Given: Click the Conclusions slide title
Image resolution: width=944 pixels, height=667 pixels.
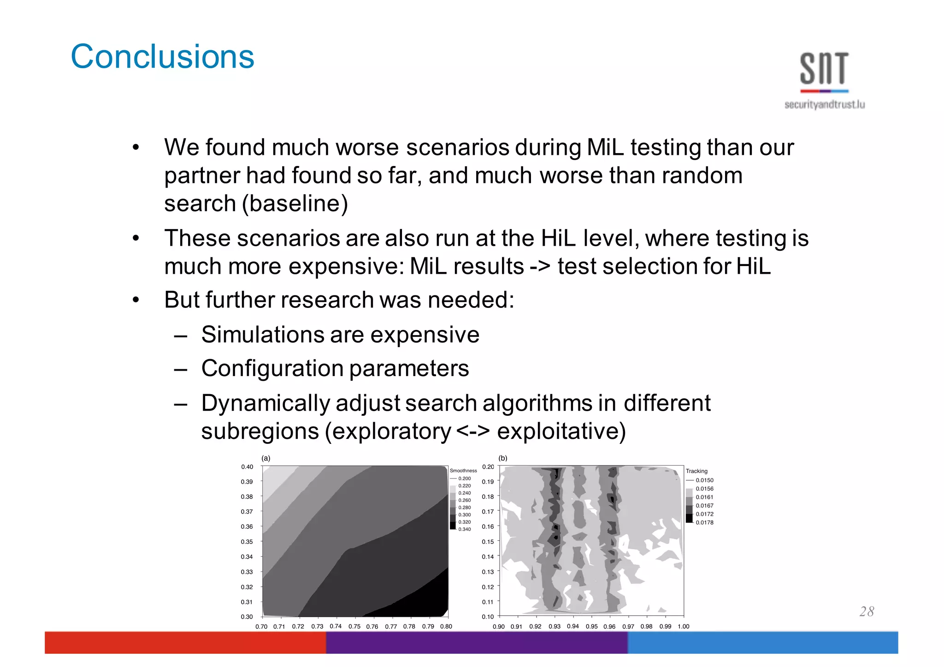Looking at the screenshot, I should click(162, 57).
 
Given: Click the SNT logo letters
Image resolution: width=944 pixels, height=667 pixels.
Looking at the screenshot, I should click(824, 69).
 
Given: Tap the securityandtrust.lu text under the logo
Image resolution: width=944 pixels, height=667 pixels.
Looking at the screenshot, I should click(824, 105).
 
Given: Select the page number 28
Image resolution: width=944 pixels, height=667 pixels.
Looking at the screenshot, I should click(867, 611).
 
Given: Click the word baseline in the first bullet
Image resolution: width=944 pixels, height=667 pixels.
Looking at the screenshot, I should click(295, 204).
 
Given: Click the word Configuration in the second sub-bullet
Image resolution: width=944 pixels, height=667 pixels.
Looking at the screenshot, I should click(272, 369).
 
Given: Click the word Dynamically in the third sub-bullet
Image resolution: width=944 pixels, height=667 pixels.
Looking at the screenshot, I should click(265, 403).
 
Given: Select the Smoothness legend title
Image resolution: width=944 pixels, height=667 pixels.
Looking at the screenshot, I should click(463, 471).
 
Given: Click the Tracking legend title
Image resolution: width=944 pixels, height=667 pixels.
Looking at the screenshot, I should click(696, 471).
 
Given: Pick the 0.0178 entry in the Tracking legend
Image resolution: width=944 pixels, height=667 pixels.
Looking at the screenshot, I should click(704, 522).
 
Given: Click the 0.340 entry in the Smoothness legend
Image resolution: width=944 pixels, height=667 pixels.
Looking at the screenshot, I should click(464, 529).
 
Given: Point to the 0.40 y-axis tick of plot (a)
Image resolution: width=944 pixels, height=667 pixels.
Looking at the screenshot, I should click(247, 467).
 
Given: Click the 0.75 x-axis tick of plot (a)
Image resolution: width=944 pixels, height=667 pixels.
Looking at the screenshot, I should click(354, 626).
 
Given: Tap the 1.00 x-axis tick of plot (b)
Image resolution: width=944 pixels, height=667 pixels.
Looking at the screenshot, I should click(683, 626).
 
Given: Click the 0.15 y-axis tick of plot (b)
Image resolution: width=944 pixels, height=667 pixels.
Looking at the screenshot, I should click(488, 542).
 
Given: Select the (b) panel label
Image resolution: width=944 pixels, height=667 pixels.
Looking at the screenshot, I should click(503, 458).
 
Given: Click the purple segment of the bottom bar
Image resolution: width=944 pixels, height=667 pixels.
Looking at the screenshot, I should click(477, 642).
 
